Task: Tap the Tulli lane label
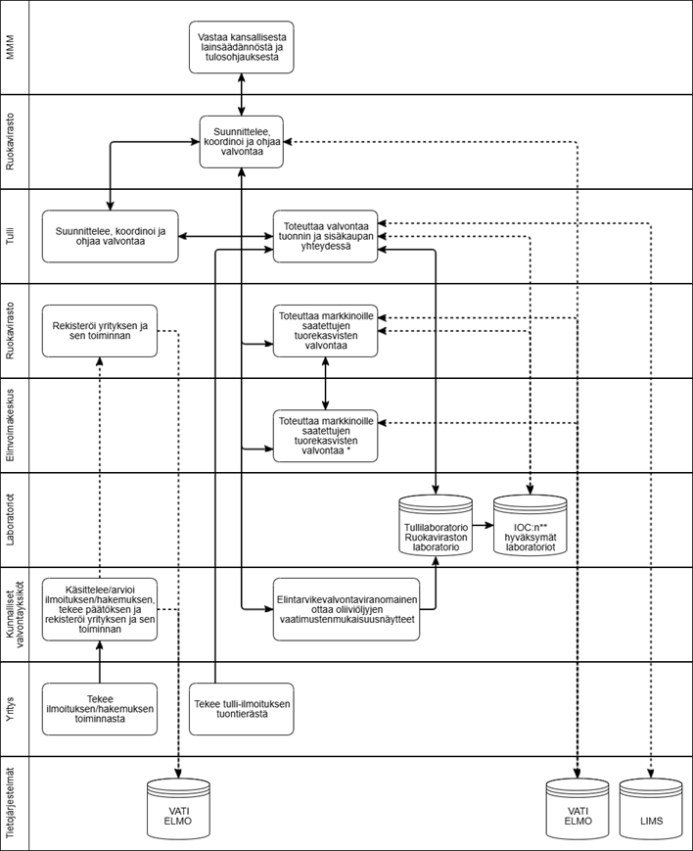11,236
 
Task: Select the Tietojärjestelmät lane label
11,803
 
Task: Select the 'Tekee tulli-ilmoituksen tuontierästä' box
242,708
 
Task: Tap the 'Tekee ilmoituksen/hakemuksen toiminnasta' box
100,708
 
